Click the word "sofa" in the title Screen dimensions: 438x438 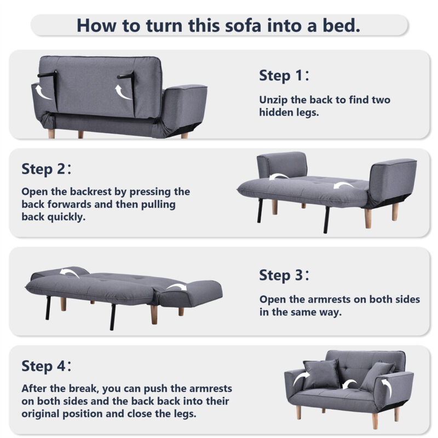243,25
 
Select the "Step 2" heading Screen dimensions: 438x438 47,169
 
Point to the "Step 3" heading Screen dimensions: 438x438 284,275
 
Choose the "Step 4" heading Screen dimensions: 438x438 47,366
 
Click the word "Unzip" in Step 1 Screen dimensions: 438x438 273,100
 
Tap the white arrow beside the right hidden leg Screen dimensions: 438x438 122,92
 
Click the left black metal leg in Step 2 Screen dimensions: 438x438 261,211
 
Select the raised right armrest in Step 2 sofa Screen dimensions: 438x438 393,182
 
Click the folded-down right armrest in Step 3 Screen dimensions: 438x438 190,293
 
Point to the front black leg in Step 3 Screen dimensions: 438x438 113,317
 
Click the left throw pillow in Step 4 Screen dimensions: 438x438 321,374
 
